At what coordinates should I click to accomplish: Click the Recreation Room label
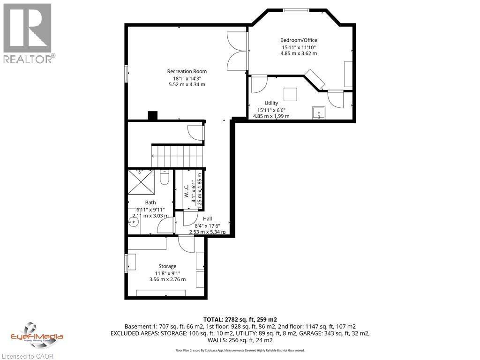coord(187,71)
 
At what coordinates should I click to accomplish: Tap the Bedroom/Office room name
coord(299,40)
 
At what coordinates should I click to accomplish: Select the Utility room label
coord(271,103)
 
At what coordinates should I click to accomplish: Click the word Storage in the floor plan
coord(167,266)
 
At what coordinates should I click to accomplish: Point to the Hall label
coord(207,218)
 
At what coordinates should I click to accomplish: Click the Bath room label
coord(150,202)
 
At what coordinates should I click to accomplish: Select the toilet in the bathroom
coord(164,178)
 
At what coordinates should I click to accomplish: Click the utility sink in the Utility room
coord(319,113)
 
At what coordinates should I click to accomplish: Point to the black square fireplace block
coord(153,116)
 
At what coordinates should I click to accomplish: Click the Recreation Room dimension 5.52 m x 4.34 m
coord(187,84)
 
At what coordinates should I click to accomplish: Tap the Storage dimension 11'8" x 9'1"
coord(167,273)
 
